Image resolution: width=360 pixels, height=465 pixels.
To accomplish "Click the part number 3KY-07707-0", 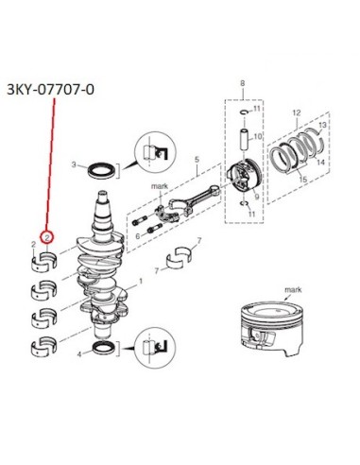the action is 50,90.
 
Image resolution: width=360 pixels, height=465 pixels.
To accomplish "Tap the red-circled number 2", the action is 47,237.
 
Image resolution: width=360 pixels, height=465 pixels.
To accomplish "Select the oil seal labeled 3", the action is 101,170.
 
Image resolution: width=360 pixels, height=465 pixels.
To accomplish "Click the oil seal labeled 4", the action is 104,348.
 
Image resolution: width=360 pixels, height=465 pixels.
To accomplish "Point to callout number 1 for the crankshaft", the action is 141,281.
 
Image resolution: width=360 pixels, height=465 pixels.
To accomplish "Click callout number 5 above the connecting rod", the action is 197,160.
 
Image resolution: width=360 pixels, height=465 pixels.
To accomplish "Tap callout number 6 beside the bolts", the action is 137,236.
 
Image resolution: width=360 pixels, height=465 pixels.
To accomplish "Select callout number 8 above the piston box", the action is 242,83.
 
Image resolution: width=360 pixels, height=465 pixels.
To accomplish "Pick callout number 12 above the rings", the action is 297,112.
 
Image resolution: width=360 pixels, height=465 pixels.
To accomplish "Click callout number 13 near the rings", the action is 323,125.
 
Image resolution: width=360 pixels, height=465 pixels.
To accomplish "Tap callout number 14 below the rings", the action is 320,163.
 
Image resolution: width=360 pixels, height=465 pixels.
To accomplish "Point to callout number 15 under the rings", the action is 302,180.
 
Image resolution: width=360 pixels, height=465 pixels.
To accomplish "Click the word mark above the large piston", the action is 293,289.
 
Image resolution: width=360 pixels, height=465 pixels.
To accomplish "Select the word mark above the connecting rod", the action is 160,186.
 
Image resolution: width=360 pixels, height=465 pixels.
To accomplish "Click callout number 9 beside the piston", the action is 257,197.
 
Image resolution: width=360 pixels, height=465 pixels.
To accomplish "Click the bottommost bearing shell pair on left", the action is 44,346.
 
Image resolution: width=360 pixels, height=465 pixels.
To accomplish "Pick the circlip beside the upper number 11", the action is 244,112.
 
